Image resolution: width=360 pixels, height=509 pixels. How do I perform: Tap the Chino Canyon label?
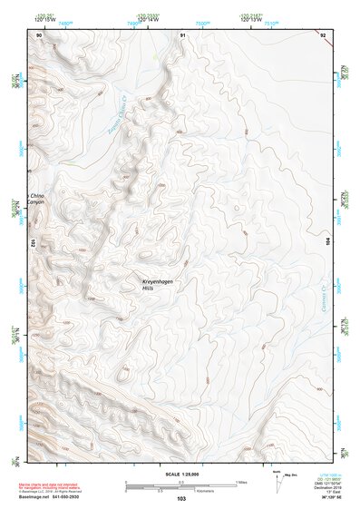pyautogui.click(x=36, y=199)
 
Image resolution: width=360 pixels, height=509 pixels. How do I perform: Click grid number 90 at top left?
pyautogui.click(x=39, y=34)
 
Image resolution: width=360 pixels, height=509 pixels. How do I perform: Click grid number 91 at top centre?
pyautogui.click(x=183, y=34)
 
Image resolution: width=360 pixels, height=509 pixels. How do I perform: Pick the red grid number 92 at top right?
pyautogui.click(x=324, y=34)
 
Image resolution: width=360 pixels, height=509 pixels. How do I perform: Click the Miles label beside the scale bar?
pyautogui.click(x=241, y=482)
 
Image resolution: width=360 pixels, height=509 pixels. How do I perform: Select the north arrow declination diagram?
pyautogui.click(x=276, y=481)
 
